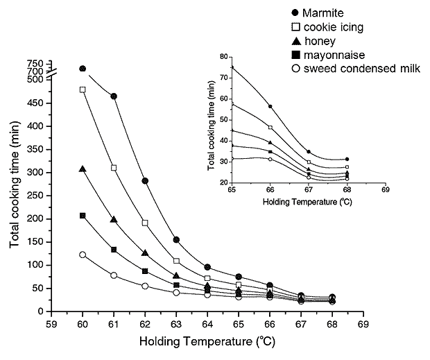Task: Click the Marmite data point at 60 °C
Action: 83,69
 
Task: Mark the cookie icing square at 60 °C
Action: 83,89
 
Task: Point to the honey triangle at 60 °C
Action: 83,169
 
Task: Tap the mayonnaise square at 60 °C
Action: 83,216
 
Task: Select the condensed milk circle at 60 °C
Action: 83,255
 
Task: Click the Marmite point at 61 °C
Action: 114,96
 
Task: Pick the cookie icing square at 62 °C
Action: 145,223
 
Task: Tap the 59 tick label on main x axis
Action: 51,325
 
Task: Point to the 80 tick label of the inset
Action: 223,57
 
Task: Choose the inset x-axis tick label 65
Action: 232,191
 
